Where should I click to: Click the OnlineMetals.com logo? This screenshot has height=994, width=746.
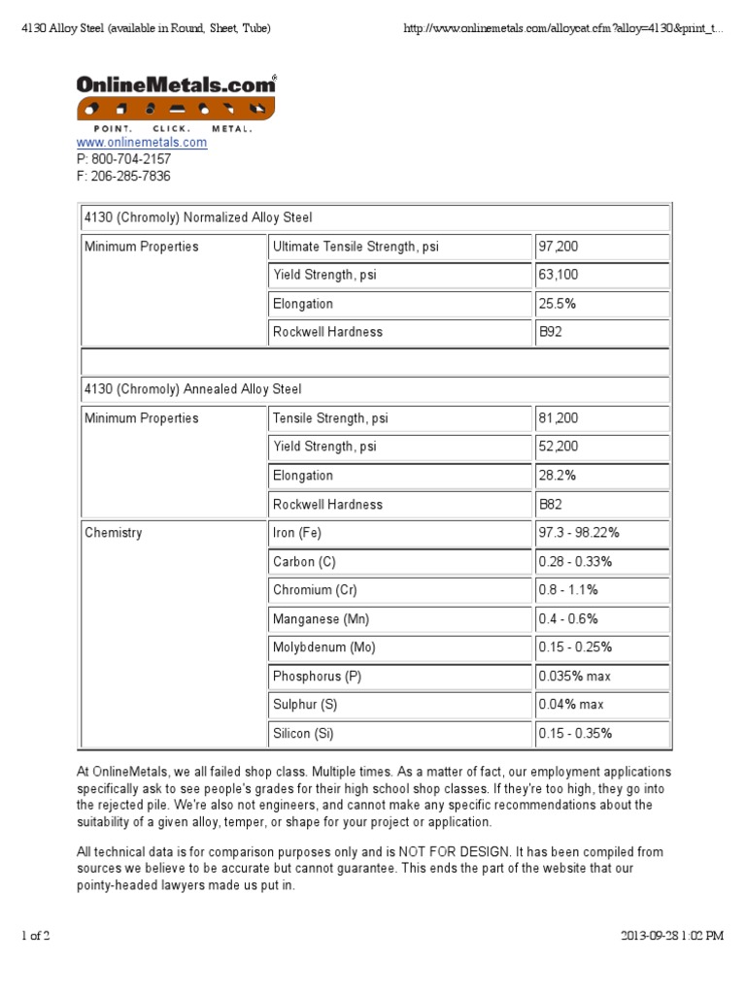point(176,100)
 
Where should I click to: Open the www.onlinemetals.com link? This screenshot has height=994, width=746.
point(142,143)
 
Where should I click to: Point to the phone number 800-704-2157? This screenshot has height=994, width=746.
point(130,159)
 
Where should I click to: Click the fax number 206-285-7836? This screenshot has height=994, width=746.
point(130,176)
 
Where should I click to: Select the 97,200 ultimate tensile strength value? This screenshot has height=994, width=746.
point(559,247)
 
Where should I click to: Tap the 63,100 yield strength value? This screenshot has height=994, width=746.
point(559,275)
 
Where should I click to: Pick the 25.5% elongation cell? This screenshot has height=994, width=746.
point(558,304)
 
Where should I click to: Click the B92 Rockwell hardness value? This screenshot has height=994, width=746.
point(550,332)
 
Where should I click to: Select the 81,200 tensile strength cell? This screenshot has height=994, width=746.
point(559,418)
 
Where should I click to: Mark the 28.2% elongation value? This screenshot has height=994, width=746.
point(558,476)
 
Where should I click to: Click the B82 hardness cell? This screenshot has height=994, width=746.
point(550,505)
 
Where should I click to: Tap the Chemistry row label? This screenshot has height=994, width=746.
point(113,533)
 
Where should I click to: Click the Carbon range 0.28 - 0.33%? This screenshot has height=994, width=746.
point(575,562)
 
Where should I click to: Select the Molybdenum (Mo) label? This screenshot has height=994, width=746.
point(323,647)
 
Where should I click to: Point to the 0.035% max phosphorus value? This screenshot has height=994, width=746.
point(574,677)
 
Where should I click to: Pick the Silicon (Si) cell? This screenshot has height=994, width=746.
point(303,734)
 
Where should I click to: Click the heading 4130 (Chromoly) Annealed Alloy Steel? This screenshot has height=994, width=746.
point(192,389)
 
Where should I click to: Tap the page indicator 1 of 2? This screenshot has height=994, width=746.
point(35,936)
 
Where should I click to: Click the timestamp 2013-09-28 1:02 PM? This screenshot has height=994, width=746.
point(672,936)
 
